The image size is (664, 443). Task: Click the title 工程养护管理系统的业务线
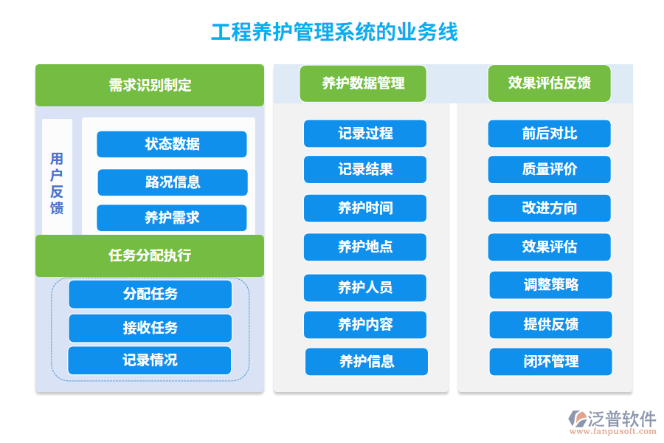tap(334, 32)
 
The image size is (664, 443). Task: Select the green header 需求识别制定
tap(150, 85)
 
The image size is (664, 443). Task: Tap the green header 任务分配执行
tap(150, 255)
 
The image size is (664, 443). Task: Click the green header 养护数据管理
tap(363, 83)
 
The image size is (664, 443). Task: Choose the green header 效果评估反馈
tap(549, 83)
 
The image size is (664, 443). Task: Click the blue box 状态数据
tap(172, 144)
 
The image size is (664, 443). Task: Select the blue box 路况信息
tap(173, 182)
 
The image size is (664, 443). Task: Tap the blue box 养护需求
tap(172, 218)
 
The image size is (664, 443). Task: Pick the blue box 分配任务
tap(150, 294)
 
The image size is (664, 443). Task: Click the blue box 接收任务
tap(150, 328)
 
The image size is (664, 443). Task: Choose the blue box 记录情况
tap(150, 360)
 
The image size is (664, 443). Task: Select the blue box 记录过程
tap(365, 134)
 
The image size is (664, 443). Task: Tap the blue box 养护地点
tap(365, 247)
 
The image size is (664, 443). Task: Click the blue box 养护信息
tap(367, 361)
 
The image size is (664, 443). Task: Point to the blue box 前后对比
tap(549, 134)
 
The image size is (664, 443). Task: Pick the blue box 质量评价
tap(549, 169)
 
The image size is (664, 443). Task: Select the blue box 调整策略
tap(550, 285)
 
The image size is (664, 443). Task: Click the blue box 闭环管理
tap(550, 361)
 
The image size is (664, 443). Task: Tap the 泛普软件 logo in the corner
tap(612, 422)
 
